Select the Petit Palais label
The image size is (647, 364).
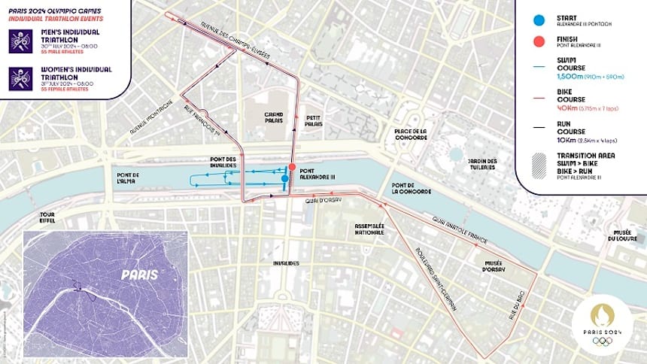tap(314, 122)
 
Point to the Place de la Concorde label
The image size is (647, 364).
tap(410, 135)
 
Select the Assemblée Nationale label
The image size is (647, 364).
tap(369, 229)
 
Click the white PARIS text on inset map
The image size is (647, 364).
tap(140, 275)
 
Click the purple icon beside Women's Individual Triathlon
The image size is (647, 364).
tap(20, 79)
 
